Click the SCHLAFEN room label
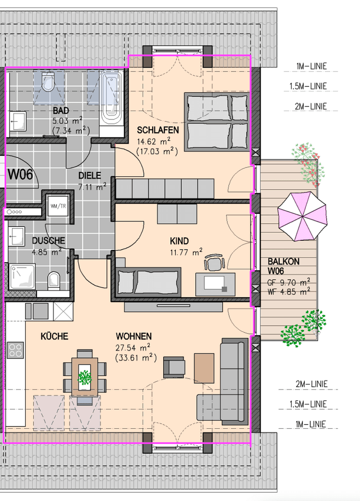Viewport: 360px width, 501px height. point(158,130)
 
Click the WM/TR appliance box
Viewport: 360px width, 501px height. point(58,206)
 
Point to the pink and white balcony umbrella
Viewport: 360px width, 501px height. point(302,216)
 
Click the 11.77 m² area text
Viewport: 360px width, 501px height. point(186,252)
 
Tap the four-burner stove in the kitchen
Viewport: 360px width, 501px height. point(15,350)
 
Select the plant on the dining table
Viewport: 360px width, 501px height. point(85,377)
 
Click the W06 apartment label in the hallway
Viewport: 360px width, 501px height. point(20,174)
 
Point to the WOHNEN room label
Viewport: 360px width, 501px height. point(134,336)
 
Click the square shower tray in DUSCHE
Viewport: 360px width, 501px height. point(22,276)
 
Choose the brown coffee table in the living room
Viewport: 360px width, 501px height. point(204,368)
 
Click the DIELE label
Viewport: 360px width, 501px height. point(90,175)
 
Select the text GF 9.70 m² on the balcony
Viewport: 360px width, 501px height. point(289,283)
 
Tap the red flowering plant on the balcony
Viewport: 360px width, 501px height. point(308,164)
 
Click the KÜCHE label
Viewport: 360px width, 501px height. point(54,336)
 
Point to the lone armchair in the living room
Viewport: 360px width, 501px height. point(174,367)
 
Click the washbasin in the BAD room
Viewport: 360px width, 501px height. point(17,121)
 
